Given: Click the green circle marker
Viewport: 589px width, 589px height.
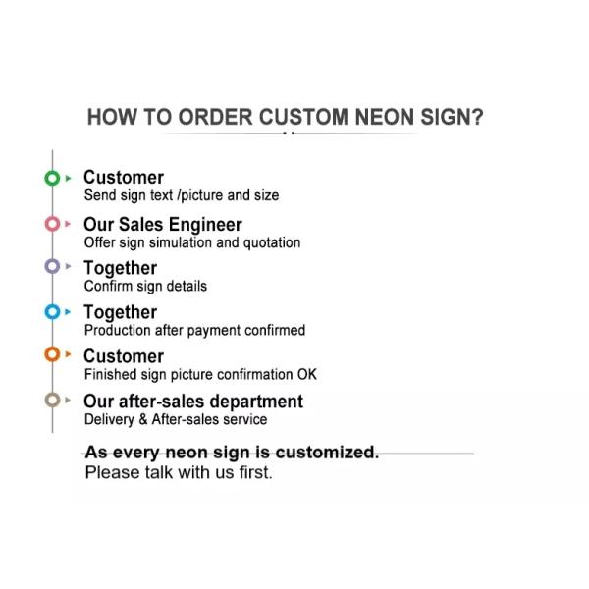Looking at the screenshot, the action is click(x=52, y=179).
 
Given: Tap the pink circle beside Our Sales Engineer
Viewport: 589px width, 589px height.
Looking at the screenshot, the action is click(x=52, y=224).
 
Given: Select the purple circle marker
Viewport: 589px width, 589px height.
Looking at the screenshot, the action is click(x=52, y=266).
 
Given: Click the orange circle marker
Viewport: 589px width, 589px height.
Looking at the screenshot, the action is click(x=52, y=354).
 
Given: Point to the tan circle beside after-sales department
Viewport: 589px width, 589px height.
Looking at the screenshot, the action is click(x=52, y=401).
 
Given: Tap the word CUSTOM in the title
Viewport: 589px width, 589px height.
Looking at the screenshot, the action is click(x=302, y=117).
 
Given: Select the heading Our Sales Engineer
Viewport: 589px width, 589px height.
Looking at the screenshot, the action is click(x=162, y=224).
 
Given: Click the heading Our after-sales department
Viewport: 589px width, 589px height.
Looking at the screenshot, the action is click(x=192, y=401).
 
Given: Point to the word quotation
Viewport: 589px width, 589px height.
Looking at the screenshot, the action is click(x=270, y=242).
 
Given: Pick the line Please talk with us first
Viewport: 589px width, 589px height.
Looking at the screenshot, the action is click(x=178, y=473).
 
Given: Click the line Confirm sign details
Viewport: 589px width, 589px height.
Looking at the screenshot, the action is click(x=145, y=287).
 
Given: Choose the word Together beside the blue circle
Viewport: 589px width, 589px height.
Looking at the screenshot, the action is click(x=120, y=312).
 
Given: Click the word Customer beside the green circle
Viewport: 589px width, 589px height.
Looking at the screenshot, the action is click(x=123, y=178).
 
